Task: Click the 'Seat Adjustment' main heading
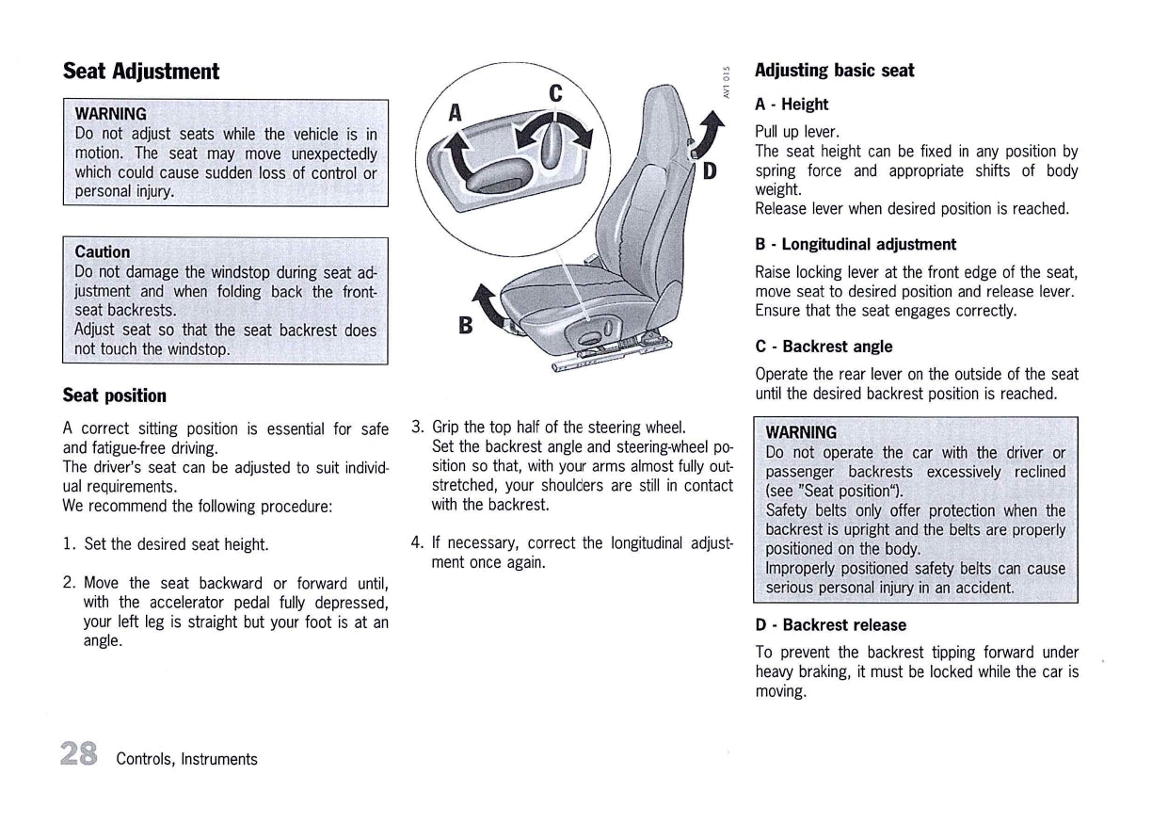pos(140,72)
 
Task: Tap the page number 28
pos(78,755)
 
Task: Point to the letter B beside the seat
pos(464,326)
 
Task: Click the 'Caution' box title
pos(103,251)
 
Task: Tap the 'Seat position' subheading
pos(114,396)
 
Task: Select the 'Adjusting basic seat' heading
pos(834,71)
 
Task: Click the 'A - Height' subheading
pos(792,105)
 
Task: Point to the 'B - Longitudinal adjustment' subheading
pos(856,245)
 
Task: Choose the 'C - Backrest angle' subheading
pos(824,347)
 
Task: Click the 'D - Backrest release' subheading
pos(830,625)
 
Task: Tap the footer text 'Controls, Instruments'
pos(186,759)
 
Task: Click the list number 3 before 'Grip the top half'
pos(418,428)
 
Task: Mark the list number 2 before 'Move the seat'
pos(69,583)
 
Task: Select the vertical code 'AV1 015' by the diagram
pos(727,81)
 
